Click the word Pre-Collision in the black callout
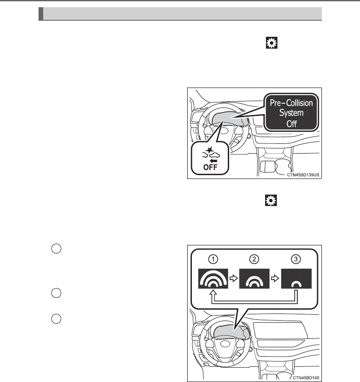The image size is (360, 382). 291,103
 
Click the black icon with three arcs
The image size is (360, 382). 213,279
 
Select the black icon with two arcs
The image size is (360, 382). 254,279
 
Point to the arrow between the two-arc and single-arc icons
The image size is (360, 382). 274,279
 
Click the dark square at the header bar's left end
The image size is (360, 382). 41,14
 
